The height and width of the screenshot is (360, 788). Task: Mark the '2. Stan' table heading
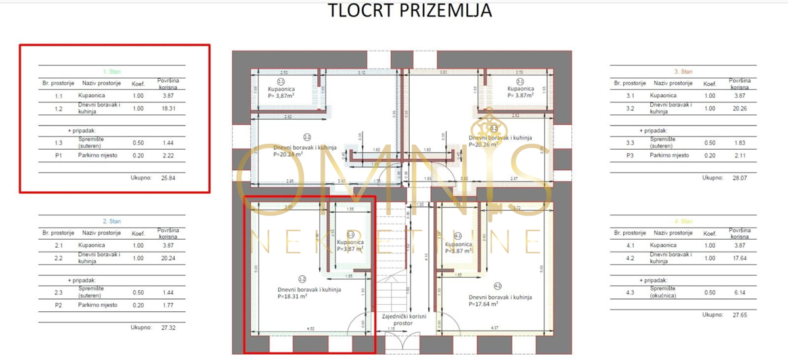pos(112,221)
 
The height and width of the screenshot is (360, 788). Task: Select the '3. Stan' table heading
pos(684,71)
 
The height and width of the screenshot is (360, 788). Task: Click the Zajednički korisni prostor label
pos(405,320)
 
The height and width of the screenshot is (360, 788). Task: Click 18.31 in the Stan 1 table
pos(167,109)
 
